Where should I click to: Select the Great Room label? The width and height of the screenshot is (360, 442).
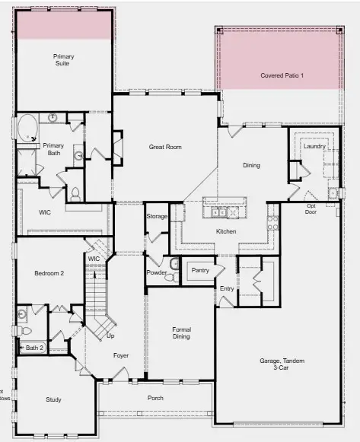click(164, 147)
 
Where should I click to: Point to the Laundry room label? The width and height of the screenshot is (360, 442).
click(314, 146)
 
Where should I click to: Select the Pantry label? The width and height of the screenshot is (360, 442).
click(200, 270)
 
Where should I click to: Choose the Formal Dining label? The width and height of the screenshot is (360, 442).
click(180, 332)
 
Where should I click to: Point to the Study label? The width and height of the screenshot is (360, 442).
click(53, 399)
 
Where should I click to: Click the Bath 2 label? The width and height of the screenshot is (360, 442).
click(35, 348)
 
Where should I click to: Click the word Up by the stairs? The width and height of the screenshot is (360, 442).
click(110, 335)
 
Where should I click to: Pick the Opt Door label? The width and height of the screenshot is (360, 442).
click(311, 209)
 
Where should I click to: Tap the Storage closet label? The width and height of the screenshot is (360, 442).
click(157, 217)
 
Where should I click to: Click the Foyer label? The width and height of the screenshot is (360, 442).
click(120, 355)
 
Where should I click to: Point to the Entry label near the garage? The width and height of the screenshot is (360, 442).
click(227, 288)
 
